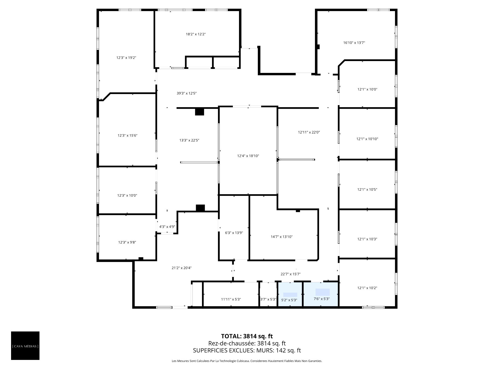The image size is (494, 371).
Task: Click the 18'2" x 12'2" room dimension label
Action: point(196,34)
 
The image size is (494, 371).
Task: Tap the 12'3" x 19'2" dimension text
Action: point(126,58)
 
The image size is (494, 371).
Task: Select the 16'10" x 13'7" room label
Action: point(354,43)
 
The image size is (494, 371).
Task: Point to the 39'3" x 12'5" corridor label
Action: point(187,93)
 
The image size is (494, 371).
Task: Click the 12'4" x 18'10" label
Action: point(248,156)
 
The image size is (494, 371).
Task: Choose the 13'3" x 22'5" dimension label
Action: point(189,140)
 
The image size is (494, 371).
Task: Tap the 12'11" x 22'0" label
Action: point(309,132)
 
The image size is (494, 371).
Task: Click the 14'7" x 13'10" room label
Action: point(282,237)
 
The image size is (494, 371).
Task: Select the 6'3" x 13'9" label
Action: point(234,233)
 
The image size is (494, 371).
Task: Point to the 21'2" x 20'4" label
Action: point(182,268)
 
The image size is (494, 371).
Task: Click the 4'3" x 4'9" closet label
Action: point(167,227)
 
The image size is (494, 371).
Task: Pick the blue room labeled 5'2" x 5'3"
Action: point(290,295)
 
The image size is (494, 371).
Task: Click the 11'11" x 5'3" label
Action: point(231,299)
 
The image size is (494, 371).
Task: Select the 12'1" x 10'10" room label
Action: point(367,139)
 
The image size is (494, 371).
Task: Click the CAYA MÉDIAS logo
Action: point(25,345)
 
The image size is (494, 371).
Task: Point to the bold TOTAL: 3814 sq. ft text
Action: point(247,336)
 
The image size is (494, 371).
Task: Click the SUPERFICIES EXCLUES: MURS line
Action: point(247,350)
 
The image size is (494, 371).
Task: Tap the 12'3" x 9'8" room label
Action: point(127,242)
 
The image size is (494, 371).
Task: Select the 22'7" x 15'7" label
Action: point(290,274)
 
